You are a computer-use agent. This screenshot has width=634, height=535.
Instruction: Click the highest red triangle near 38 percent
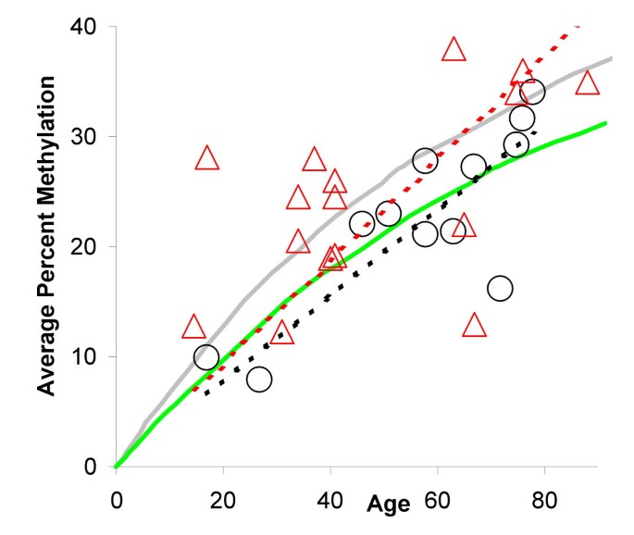click(x=454, y=50)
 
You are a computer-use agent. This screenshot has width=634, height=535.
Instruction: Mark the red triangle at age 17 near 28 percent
click(x=207, y=159)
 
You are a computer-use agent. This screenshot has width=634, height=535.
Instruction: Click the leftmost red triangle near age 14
click(x=193, y=328)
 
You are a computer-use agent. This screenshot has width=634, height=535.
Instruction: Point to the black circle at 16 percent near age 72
click(x=500, y=288)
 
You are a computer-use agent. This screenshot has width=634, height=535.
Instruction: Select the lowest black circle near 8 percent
click(x=259, y=379)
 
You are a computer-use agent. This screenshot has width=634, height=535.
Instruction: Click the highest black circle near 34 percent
click(x=532, y=92)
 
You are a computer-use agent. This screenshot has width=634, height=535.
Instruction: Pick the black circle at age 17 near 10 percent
click(x=206, y=357)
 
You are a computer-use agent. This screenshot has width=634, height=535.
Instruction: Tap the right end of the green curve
click(x=606, y=122)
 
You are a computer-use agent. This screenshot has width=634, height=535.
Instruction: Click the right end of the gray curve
click(x=612, y=58)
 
